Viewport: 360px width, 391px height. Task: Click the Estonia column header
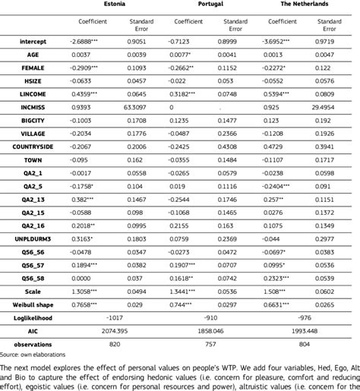coord(114,4)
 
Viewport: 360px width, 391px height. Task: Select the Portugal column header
coord(210,4)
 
